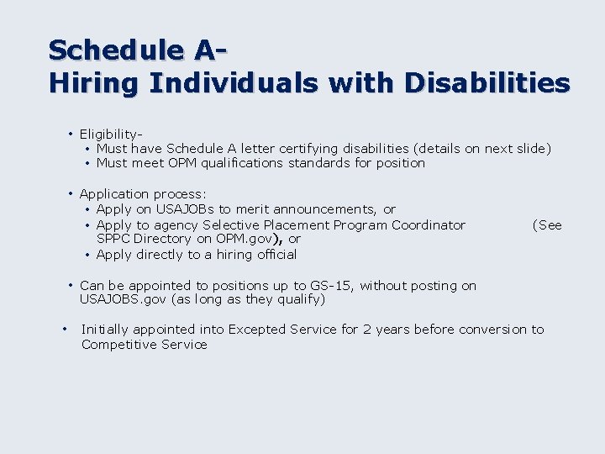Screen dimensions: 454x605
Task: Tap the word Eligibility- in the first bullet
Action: point(110,134)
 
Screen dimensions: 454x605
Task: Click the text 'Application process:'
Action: point(142,194)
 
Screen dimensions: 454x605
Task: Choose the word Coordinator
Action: point(427,225)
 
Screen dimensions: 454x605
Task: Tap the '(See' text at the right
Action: point(547,225)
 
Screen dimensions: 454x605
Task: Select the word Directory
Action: point(164,240)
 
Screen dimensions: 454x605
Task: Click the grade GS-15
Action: point(330,286)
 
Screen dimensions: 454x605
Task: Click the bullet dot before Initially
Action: point(65,329)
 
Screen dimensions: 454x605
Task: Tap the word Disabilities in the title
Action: point(487,83)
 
